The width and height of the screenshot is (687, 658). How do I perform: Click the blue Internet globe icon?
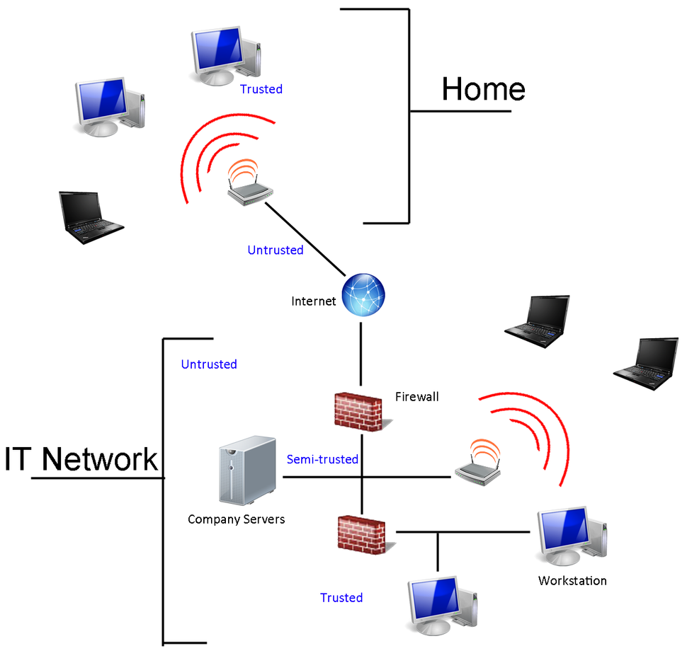363,295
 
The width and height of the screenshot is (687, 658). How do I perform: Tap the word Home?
483,90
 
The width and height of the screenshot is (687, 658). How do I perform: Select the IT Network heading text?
81,459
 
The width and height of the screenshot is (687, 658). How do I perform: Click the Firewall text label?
416,397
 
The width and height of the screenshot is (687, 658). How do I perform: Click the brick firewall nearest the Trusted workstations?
361,535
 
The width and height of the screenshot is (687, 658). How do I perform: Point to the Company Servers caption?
236,519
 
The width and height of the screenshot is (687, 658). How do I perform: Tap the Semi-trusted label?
322,459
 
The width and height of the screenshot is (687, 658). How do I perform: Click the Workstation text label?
572,581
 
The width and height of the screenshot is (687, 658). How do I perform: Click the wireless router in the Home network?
249,186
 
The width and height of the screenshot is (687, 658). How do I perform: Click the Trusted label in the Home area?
261,89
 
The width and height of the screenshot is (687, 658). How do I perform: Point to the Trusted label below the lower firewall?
341,598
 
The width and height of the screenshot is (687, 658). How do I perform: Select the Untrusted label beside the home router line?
275,250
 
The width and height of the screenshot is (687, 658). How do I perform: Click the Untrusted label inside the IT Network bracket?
209,364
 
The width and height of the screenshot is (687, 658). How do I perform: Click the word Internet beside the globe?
313,301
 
